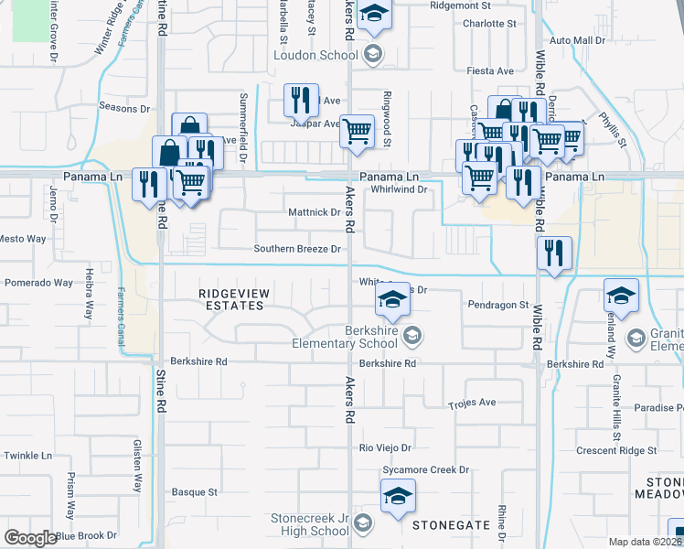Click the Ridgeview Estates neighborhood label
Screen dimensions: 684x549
(231, 298)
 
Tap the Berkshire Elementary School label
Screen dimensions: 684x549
(345, 337)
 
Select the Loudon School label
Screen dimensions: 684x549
(316, 55)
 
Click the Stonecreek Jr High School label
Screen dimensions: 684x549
(310, 524)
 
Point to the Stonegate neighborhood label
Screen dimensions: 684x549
(451, 525)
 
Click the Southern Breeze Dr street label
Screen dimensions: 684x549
(297, 248)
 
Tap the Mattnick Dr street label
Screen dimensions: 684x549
(314, 212)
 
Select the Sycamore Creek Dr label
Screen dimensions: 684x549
(425, 469)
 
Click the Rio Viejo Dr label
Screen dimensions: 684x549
(385, 447)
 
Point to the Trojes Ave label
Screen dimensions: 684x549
(472, 403)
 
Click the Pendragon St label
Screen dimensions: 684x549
(498, 305)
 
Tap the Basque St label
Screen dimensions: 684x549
(194, 491)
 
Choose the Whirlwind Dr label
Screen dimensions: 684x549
(400, 189)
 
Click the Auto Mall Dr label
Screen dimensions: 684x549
(577, 41)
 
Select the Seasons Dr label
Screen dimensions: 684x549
(118, 107)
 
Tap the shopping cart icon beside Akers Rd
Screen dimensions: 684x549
(357, 131)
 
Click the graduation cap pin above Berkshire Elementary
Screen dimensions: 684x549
(392, 298)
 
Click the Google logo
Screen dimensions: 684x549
(30, 537)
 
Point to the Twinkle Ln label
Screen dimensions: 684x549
(28, 455)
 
